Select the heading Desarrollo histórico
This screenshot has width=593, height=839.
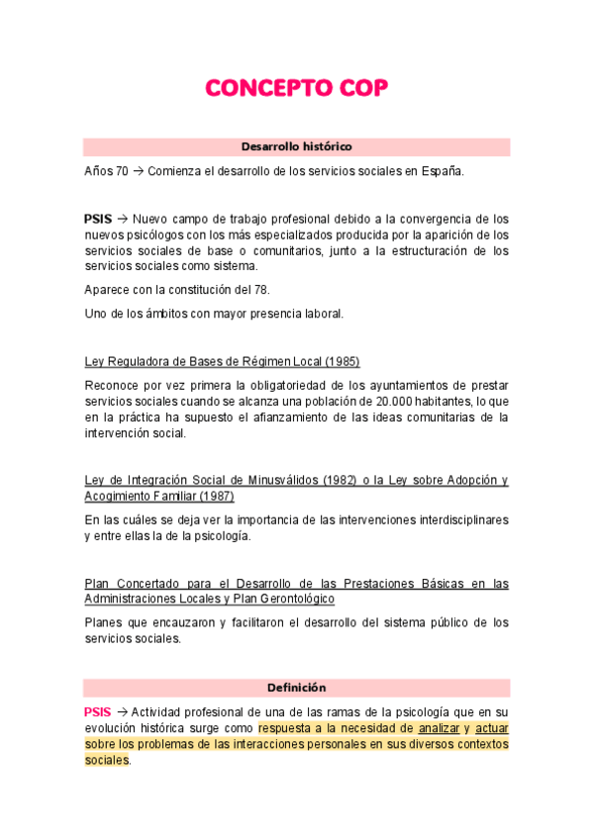tap(296, 146)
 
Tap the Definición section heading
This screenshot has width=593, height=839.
tap(296, 688)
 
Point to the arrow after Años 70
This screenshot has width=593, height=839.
tap(139, 171)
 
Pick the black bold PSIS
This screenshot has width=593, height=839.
tap(98, 219)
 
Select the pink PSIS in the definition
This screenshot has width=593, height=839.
tap(98, 712)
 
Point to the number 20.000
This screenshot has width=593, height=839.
tap(392, 402)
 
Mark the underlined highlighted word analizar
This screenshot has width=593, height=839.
tap(439, 728)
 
